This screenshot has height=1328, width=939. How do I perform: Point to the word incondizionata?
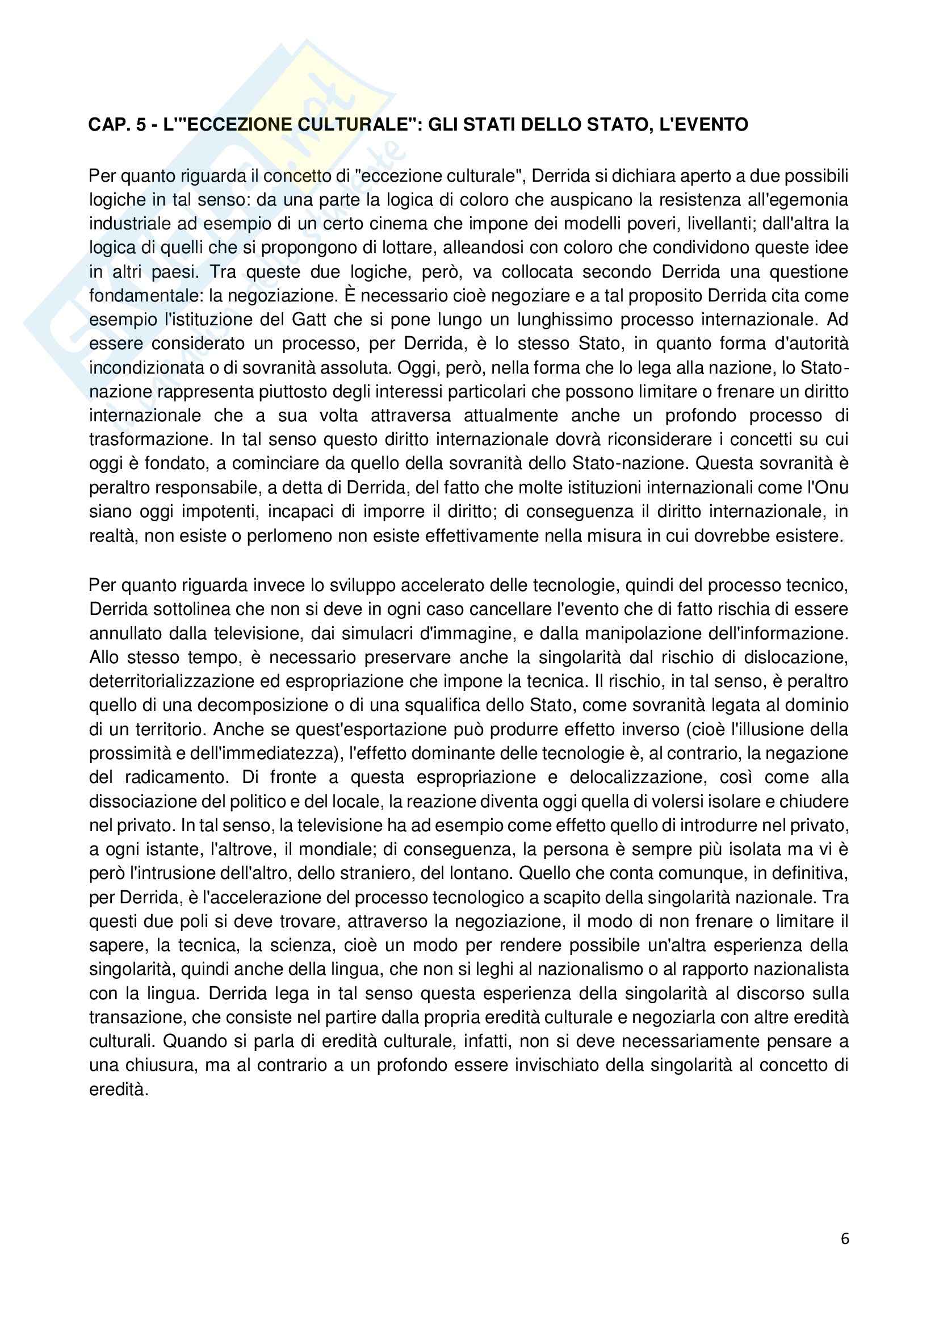point(146,368)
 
